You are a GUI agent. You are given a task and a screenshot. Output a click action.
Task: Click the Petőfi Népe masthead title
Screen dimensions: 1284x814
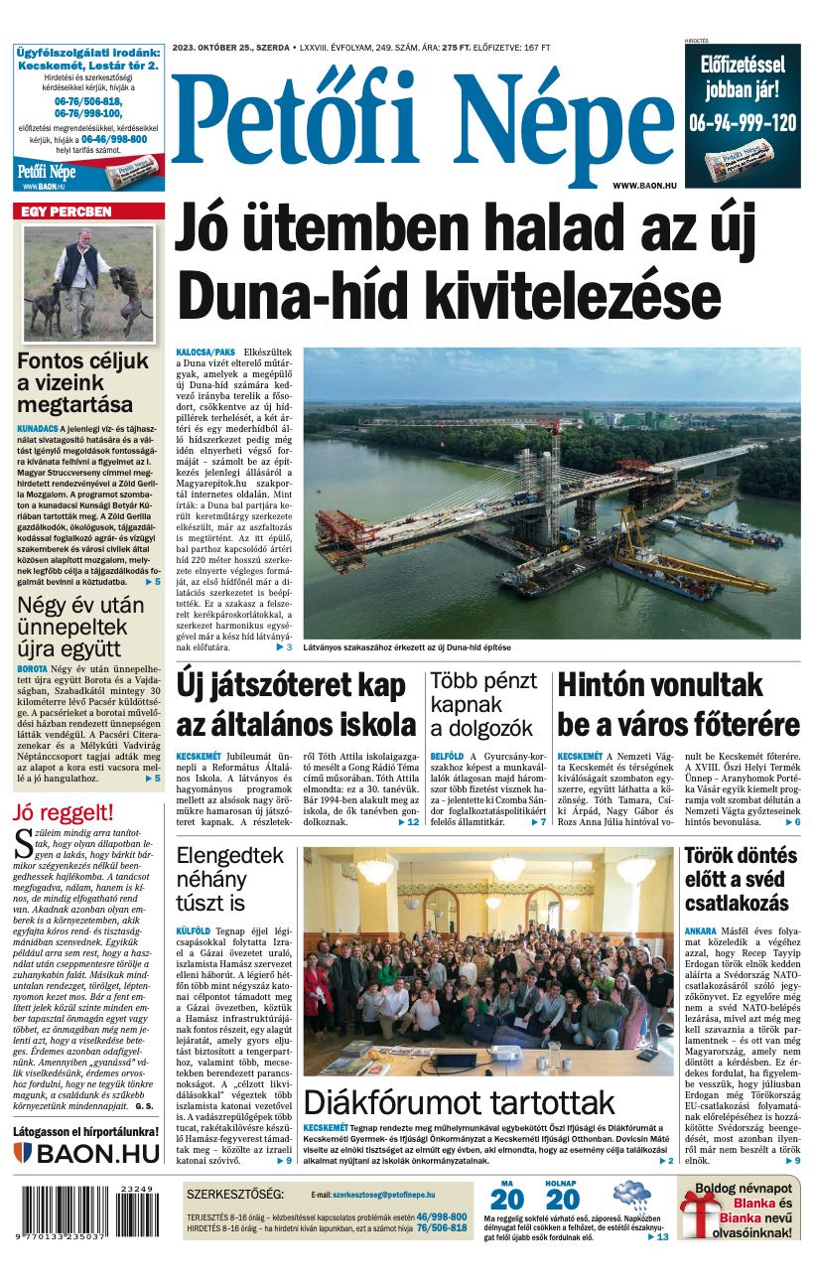point(422,114)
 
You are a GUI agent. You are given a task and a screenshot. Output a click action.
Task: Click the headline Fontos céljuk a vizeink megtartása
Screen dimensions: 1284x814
point(82,383)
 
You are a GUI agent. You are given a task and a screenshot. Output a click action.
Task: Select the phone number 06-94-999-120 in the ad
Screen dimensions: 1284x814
point(742,122)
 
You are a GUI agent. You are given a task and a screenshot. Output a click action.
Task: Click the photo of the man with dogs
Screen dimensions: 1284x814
point(88,283)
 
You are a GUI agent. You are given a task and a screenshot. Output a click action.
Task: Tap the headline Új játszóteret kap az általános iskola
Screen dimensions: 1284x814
point(295,703)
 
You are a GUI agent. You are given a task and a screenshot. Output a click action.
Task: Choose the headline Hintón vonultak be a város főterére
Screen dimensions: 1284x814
point(678,703)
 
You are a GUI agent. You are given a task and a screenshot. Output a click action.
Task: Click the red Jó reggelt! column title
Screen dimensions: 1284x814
point(64,812)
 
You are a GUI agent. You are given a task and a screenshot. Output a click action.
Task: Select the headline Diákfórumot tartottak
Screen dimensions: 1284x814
point(460,1102)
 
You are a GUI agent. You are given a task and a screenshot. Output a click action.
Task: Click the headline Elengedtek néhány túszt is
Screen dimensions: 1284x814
point(229,879)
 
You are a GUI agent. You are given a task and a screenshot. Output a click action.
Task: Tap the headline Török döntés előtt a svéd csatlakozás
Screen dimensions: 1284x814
point(741,879)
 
